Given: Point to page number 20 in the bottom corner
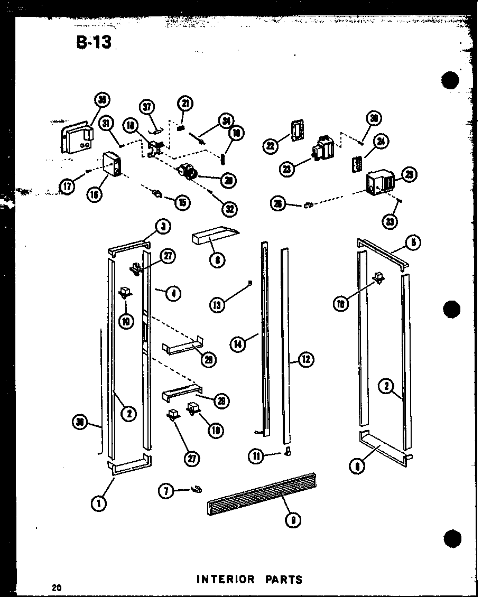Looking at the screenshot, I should pos(57,587).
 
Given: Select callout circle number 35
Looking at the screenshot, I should pos(103,101).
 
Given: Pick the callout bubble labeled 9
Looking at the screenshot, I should pos(292,520).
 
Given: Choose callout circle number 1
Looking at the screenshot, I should pos(98,503).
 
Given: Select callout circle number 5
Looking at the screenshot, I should pos(413,243).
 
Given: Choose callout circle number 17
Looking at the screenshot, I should pos(68,186).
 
